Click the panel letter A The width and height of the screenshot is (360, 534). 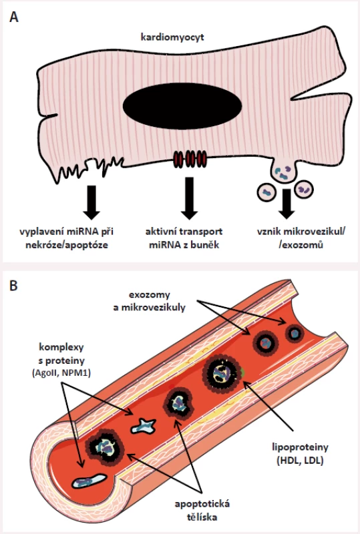pos(14,16)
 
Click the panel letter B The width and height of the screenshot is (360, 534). pos(13,286)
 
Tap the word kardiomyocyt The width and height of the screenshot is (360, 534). pos(172,37)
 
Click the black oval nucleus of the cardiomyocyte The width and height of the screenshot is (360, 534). pos(182,106)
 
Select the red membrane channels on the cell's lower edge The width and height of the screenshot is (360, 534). pos(190,159)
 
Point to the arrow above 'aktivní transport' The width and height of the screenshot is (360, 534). pos(189,198)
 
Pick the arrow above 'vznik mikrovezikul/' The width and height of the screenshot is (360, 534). pos(287,204)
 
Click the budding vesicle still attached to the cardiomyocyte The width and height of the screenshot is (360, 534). pos(283,172)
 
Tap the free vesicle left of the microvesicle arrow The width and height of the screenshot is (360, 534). pos(267,192)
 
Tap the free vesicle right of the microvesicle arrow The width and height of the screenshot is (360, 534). pos(304,189)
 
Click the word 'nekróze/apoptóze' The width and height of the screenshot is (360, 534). pos(67,245)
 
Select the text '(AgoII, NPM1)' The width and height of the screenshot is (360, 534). pos(61,373)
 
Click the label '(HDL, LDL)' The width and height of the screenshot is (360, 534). pos(300,461)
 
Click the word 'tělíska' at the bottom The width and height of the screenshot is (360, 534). pos(202,517)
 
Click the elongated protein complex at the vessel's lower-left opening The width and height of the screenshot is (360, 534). pos(89,481)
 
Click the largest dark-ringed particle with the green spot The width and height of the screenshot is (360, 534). pos(222,374)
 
